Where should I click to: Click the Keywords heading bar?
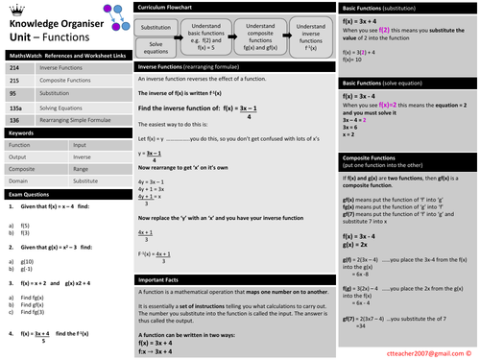[63, 132]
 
